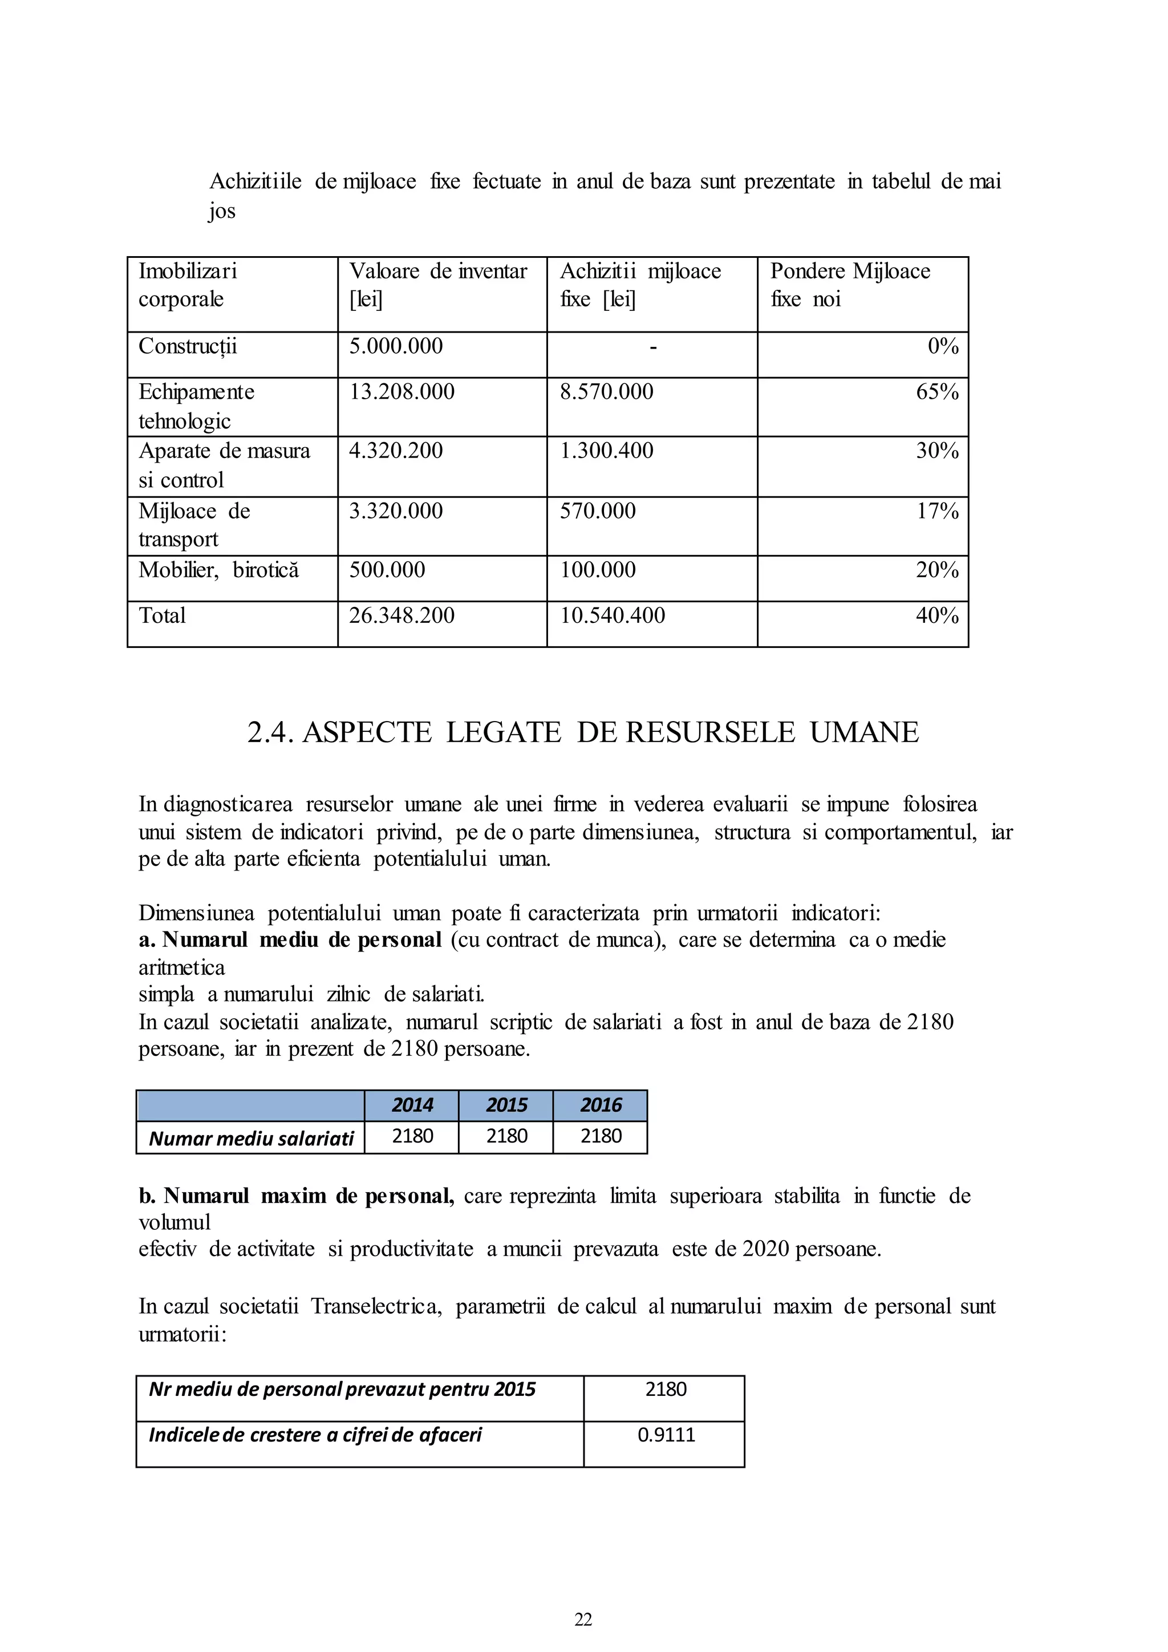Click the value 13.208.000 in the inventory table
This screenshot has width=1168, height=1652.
point(401,392)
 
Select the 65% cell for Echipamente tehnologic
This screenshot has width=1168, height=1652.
point(936,392)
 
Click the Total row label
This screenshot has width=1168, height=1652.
point(163,616)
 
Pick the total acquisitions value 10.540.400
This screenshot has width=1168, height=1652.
point(612,616)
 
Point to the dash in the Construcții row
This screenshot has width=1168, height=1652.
point(652,347)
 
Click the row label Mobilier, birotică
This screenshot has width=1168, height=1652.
point(218,570)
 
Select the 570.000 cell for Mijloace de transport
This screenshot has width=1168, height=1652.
point(598,511)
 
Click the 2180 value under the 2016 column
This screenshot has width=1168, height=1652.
point(601,1136)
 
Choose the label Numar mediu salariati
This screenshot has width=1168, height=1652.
point(251,1138)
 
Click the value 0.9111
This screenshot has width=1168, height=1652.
point(666,1435)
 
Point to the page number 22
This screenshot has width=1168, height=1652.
point(583,1619)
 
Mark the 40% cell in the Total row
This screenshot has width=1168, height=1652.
point(936,616)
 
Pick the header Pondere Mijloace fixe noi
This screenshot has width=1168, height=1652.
point(850,285)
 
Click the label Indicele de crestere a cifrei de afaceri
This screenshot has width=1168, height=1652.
point(315,1435)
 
